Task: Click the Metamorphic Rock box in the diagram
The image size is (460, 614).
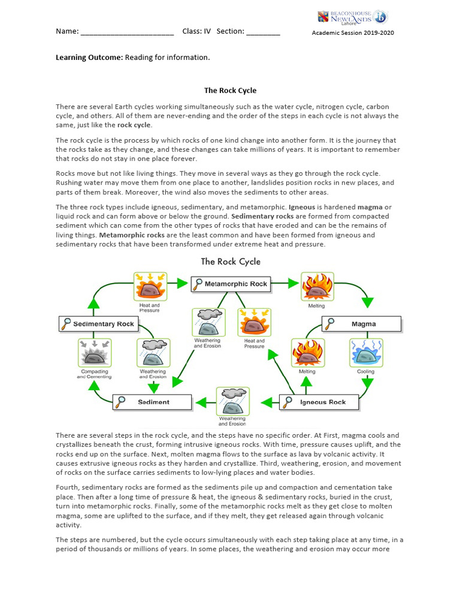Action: click(231, 284)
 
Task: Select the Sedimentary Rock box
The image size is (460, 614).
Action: click(98, 324)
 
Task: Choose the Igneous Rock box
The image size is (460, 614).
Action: click(319, 402)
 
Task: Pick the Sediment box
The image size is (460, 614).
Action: click(152, 402)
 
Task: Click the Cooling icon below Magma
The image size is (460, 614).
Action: click(365, 352)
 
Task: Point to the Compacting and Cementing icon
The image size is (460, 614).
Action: click(93, 352)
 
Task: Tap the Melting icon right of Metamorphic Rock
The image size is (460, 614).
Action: click(316, 286)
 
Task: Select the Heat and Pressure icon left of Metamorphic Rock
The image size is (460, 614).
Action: click(149, 286)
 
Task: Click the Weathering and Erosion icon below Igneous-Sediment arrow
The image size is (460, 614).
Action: click(232, 401)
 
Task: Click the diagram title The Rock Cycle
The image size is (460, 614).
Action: click(231, 261)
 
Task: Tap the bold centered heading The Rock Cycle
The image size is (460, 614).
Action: click(230, 91)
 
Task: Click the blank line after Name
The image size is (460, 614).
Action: click(127, 32)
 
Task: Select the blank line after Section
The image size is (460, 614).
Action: click(263, 32)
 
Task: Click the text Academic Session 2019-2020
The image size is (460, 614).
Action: click(353, 33)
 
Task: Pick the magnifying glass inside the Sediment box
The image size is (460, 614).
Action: click(122, 402)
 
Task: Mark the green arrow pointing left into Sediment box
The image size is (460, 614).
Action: click(205, 402)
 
